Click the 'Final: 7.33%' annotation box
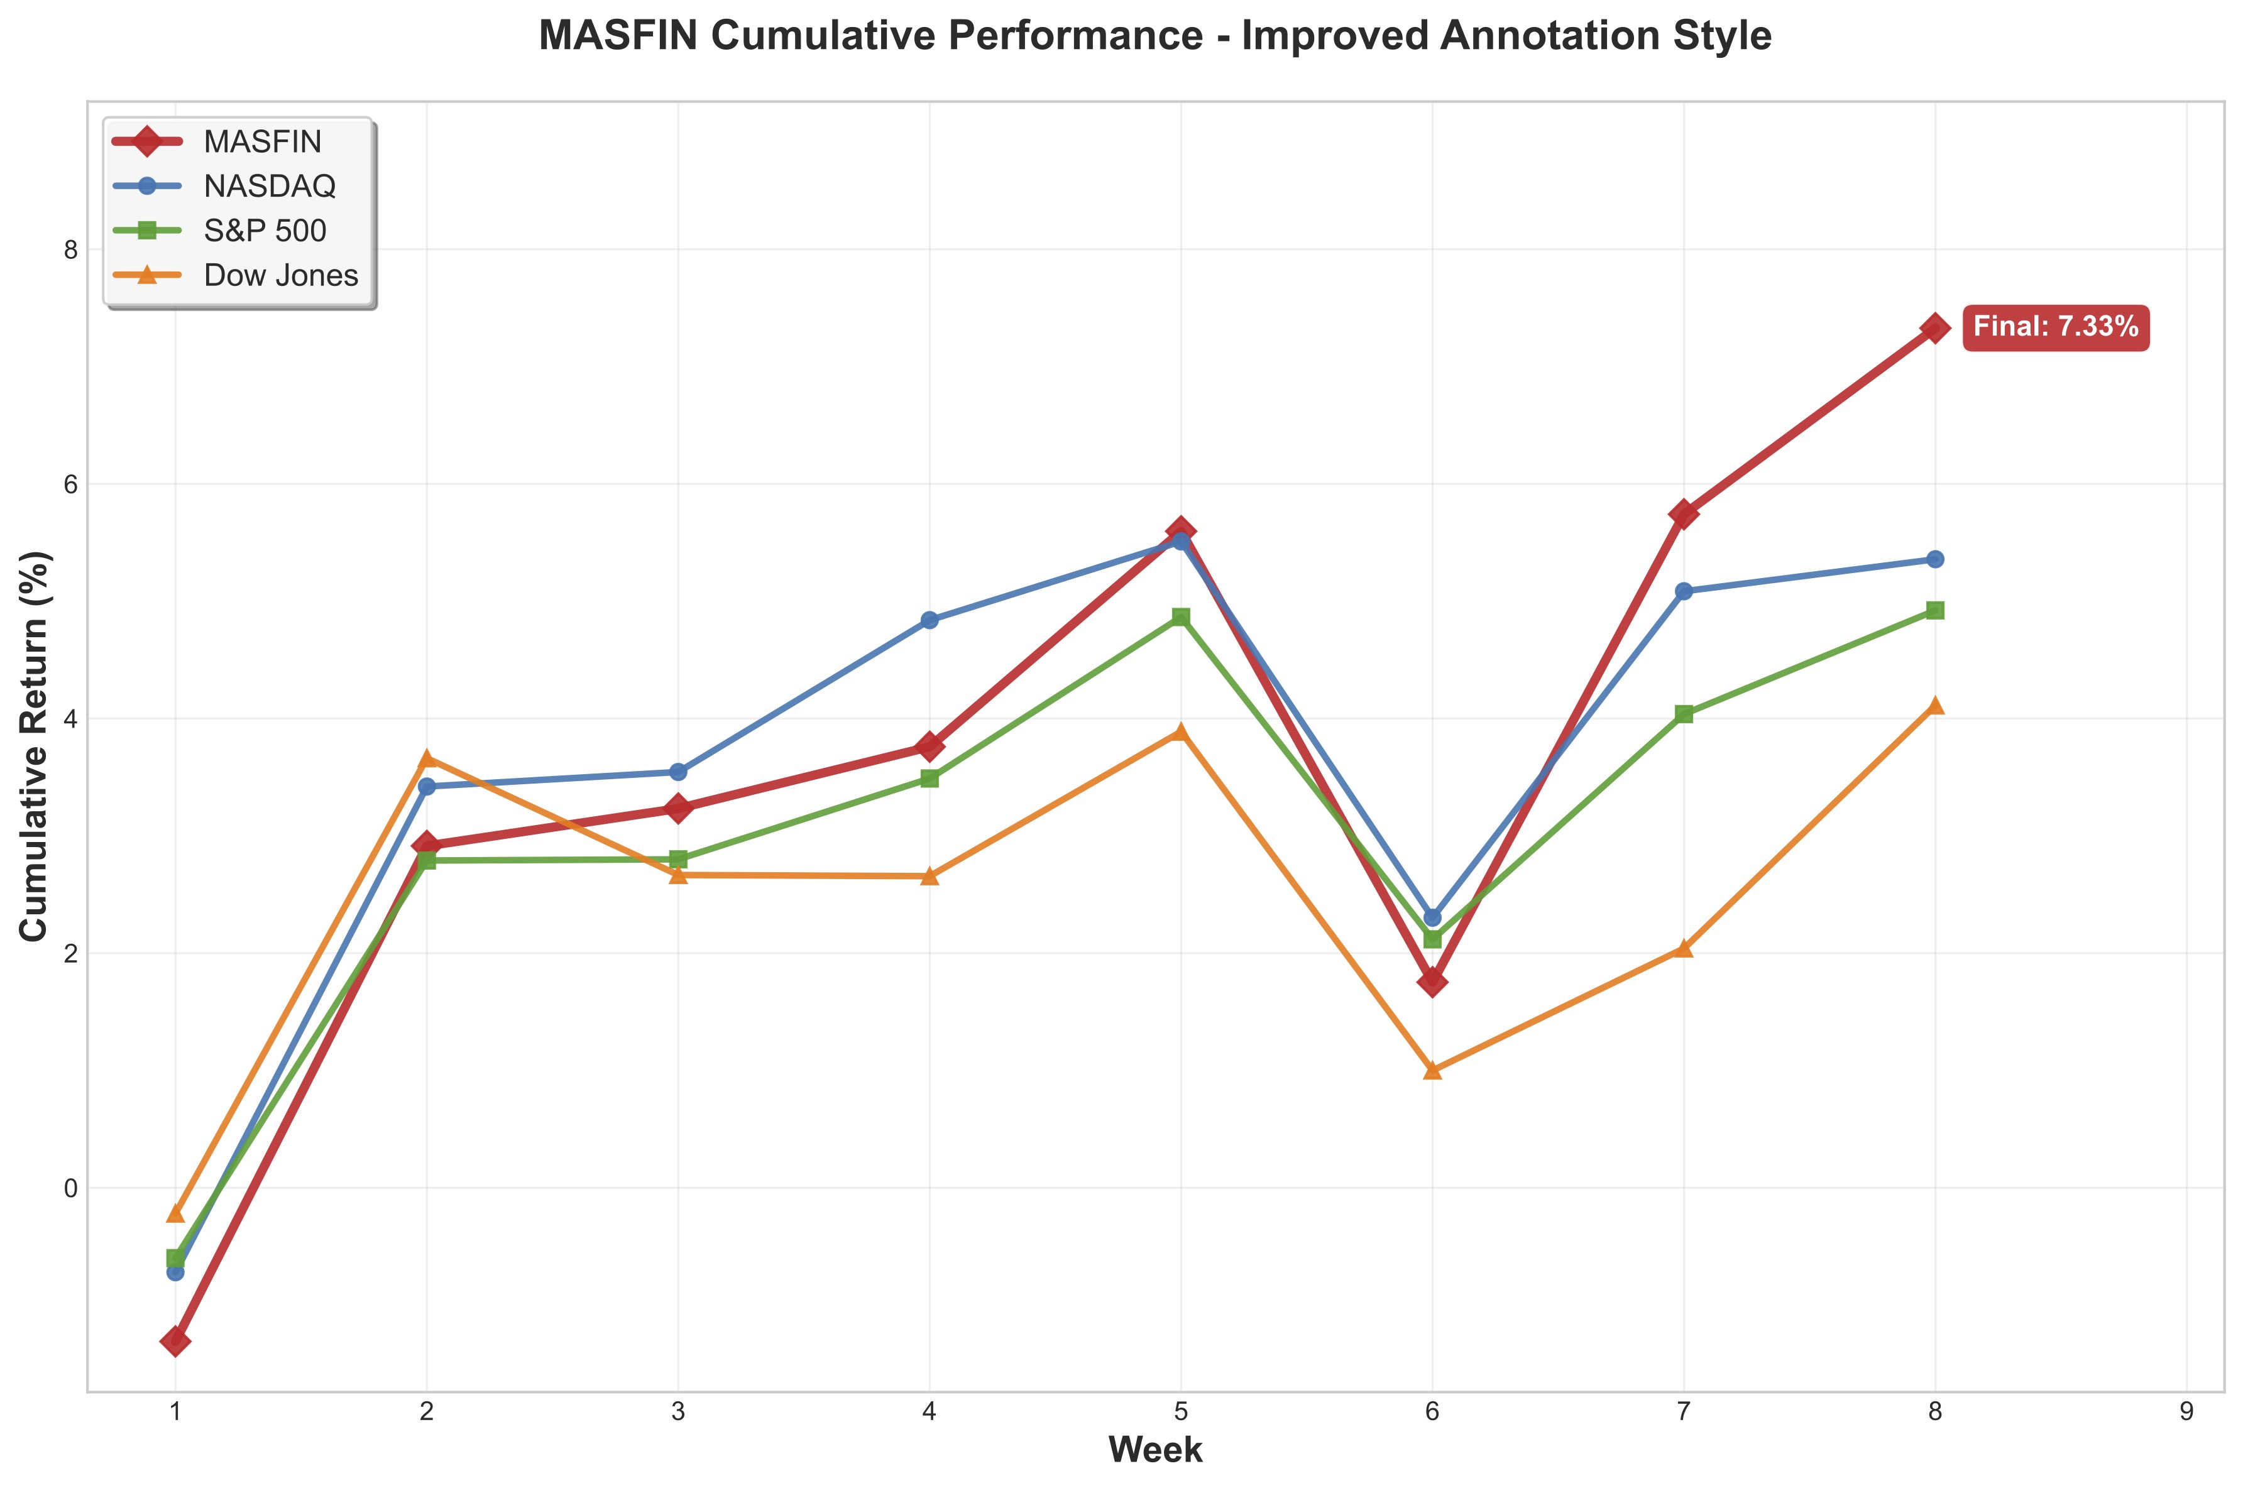(x=2055, y=327)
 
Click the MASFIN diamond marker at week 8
(x=1934, y=329)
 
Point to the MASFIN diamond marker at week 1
(x=175, y=1341)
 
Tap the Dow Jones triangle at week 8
(x=1934, y=705)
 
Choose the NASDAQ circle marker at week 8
(x=1934, y=560)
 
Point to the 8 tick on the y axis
(x=69, y=249)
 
